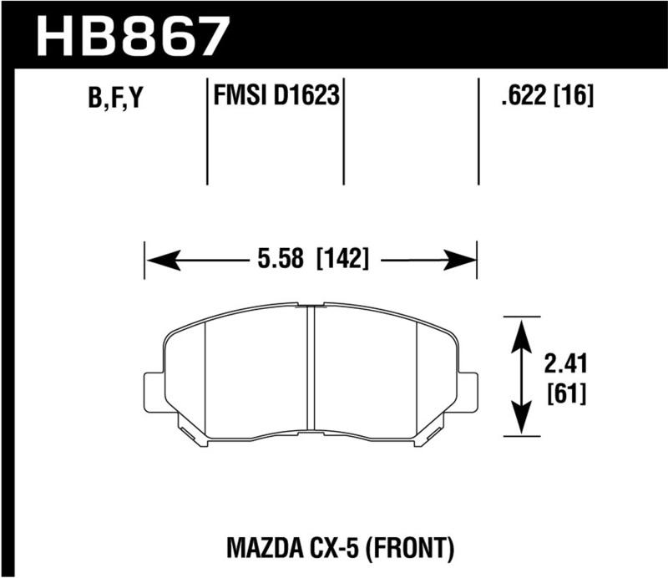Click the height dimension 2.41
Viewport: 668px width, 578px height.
pos(564,364)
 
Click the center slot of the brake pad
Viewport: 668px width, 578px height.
pos(310,372)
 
